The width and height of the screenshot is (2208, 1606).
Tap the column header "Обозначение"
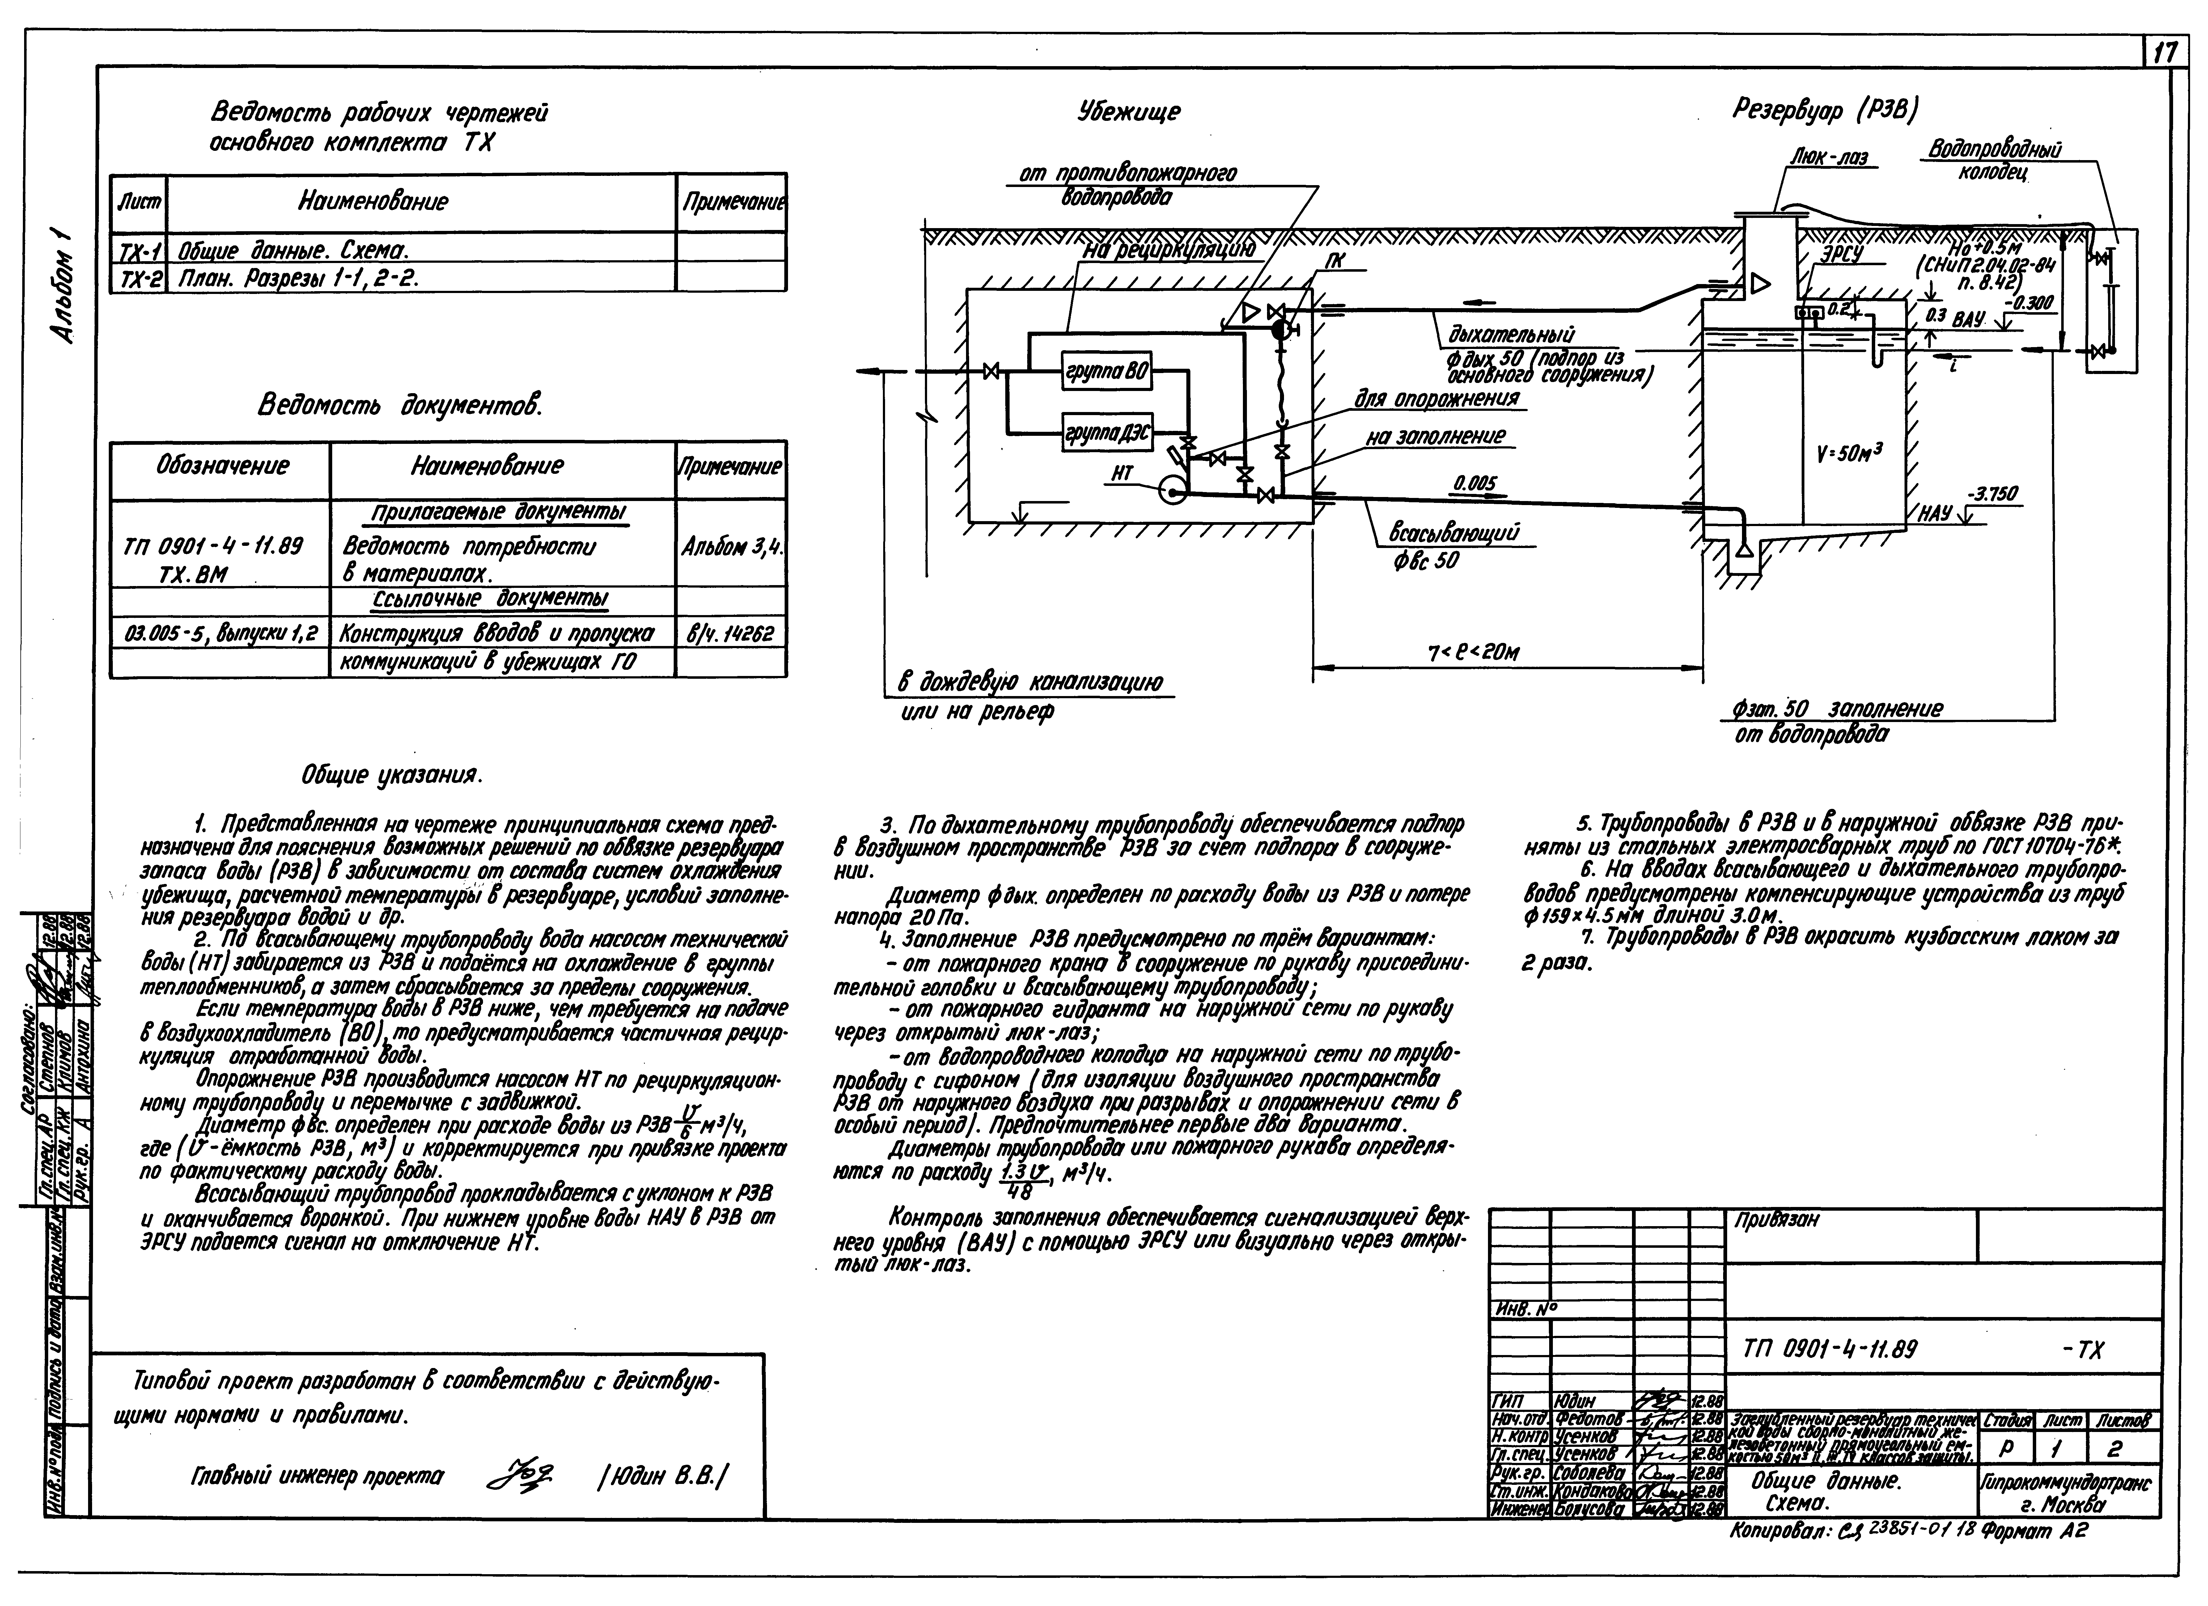[222, 465]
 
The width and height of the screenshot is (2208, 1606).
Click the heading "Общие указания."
[391, 776]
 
